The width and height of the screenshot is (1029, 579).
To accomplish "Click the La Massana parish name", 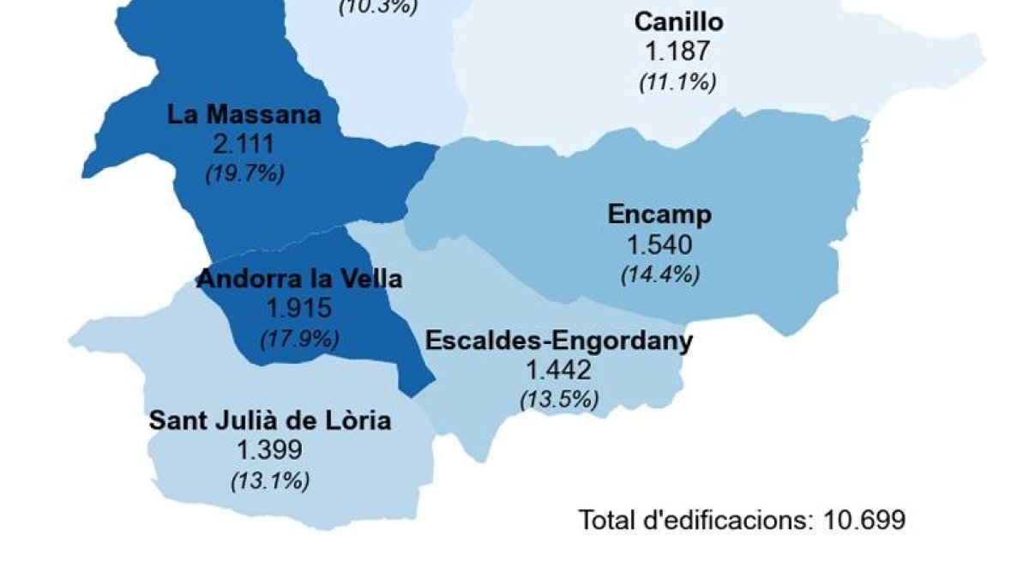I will pyautogui.click(x=244, y=114).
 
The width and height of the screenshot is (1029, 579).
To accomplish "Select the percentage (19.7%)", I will pyautogui.click(x=244, y=172).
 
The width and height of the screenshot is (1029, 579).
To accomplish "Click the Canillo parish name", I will pyautogui.click(x=678, y=21).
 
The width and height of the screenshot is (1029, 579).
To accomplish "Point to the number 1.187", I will pyautogui.click(x=678, y=51).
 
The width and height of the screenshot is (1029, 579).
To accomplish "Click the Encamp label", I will pyautogui.click(x=659, y=214).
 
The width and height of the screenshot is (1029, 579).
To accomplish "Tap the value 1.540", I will pyautogui.click(x=659, y=245).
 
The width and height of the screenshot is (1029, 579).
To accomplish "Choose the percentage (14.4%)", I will pyautogui.click(x=659, y=274).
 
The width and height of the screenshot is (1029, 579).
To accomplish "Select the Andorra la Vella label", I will pyautogui.click(x=299, y=279).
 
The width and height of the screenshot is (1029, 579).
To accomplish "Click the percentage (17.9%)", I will pyautogui.click(x=299, y=338).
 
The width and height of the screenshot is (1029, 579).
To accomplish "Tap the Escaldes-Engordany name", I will pyautogui.click(x=559, y=341).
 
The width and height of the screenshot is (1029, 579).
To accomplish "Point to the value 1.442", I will pyautogui.click(x=559, y=371).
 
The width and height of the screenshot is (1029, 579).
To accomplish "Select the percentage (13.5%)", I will pyautogui.click(x=559, y=399).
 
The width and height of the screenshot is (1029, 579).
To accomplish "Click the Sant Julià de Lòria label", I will pyautogui.click(x=270, y=420).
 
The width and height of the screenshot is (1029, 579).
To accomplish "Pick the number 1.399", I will pyautogui.click(x=270, y=450).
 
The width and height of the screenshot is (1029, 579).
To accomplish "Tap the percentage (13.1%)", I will pyautogui.click(x=270, y=479).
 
